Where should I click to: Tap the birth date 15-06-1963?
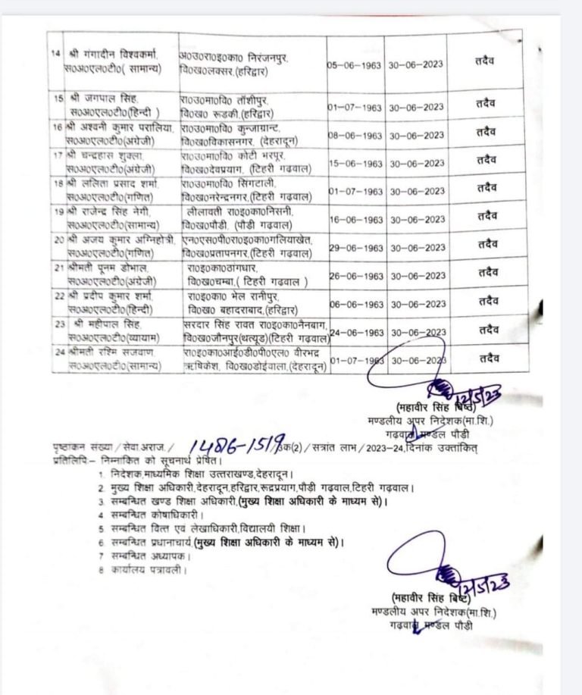(355, 164)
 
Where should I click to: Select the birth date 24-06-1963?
(355, 332)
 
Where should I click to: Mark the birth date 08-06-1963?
(355, 136)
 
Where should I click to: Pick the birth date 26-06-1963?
(355, 276)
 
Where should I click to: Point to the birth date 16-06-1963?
(355, 220)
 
